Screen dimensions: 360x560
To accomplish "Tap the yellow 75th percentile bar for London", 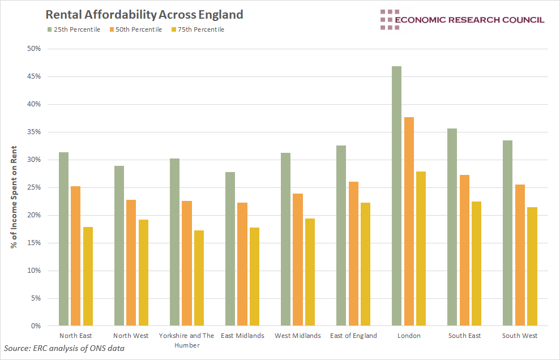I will pyautogui.click(x=420, y=248).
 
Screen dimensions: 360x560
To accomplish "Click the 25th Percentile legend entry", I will pyautogui.click(x=73, y=29).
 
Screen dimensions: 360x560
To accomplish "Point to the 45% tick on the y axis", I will pyautogui.click(x=34, y=76).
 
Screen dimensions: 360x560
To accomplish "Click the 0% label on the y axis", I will pyautogui.click(x=36, y=326).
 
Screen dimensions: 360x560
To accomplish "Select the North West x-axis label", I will pyautogui.click(x=131, y=336).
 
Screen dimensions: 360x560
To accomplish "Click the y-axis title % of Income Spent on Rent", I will pyautogui.click(x=13, y=187).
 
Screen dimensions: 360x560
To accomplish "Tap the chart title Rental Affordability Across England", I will pyautogui.click(x=144, y=14).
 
